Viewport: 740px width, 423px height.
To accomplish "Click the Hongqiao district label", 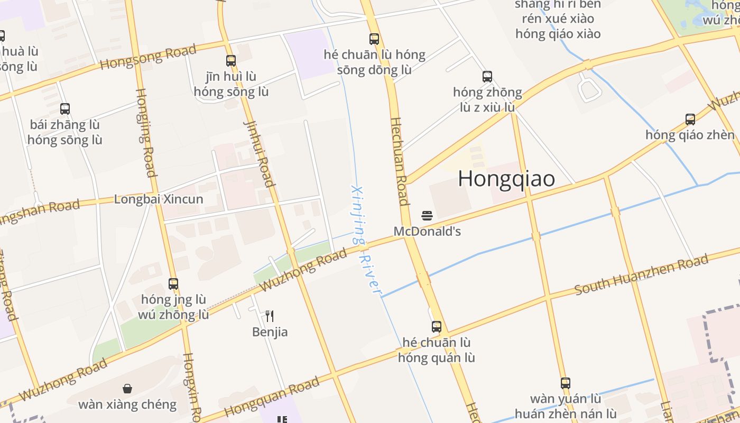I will (x=506, y=179).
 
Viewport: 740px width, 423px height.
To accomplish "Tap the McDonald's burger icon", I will (x=427, y=215).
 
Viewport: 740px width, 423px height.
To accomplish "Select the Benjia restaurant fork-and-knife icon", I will (x=270, y=316).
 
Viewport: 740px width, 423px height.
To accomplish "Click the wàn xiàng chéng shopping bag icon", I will (x=127, y=389).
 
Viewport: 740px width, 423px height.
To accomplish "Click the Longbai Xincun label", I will (x=159, y=199).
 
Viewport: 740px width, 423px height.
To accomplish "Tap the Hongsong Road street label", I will (x=148, y=57).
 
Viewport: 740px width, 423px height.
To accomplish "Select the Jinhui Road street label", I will (x=259, y=153).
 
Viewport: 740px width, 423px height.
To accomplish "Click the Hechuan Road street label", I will (x=399, y=161).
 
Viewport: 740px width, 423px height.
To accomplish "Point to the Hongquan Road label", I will (x=272, y=397).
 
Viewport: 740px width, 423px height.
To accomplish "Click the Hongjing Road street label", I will (x=146, y=132).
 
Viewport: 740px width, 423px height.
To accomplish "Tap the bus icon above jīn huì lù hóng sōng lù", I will (x=231, y=61).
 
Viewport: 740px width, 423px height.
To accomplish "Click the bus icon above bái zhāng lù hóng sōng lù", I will (x=65, y=109).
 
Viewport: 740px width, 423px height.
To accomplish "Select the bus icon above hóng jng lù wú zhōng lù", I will (x=173, y=283).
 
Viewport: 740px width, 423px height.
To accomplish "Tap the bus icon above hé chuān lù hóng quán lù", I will (x=437, y=327).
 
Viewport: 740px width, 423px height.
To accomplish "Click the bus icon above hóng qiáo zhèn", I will (x=690, y=119).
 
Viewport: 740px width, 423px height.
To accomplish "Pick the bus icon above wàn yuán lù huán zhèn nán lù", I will (x=566, y=383).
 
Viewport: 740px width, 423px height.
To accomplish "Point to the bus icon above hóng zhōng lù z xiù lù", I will (x=487, y=77).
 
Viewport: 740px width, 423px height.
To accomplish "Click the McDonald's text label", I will (x=427, y=231).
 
